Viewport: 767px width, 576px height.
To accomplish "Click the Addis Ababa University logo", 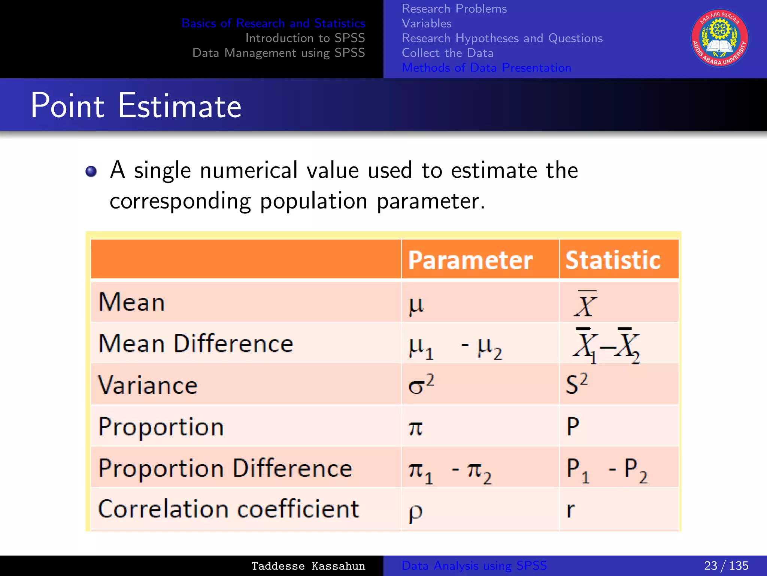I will [x=719, y=38].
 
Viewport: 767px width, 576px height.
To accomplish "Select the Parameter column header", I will [x=470, y=260].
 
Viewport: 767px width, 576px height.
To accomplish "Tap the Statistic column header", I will [x=613, y=260].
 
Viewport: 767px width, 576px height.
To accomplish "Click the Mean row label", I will [x=131, y=302].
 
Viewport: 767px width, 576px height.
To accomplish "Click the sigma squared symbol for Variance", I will [x=421, y=384].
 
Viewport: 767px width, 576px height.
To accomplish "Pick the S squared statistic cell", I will [x=577, y=384].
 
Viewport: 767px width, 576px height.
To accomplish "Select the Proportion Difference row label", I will [x=225, y=468].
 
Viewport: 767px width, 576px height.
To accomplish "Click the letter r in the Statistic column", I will [x=570, y=510].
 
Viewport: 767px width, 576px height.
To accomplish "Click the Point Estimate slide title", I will [x=136, y=106].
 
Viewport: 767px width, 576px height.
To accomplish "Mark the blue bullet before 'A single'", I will [x=91, y=171].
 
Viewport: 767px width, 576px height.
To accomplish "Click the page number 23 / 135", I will [x=726, y=565].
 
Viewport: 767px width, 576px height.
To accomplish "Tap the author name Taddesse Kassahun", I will [x=308, y=566].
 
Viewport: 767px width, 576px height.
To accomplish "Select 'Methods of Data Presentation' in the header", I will [x=486, y=68].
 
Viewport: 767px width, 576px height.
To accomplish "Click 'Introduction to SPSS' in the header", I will [x=305, y=38].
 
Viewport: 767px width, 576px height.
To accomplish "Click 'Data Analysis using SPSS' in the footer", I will [x=474, y=565].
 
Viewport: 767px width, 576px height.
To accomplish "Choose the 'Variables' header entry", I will [x=427, y=23].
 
